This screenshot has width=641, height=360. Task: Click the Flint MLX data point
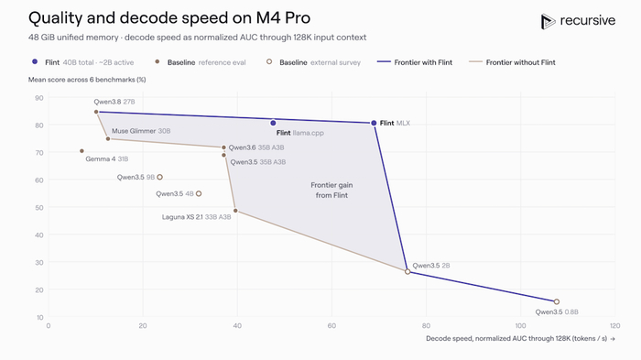(374, 123)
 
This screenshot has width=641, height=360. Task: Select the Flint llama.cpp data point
(273, 123)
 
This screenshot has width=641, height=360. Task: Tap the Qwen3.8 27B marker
(96, 112)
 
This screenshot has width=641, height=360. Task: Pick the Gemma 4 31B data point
(81, 151)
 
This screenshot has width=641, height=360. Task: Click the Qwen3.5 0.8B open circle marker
(557, 302)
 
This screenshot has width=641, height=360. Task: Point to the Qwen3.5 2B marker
(407, 272)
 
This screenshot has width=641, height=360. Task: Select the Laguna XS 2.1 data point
(235, 211)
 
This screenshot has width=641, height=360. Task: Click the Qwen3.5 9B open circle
(160, 177)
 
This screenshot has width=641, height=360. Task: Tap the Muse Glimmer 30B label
(141, 131)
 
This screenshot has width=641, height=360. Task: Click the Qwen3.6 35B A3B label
(256, 147)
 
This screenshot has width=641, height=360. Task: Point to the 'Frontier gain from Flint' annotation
(331, 191)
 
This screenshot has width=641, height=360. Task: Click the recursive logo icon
(548, 21)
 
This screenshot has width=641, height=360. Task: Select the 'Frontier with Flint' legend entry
(415, 62)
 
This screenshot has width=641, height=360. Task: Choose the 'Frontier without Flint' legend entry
(512, 62)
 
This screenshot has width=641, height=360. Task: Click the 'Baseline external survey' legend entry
(313, 62)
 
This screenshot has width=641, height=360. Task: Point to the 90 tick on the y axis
(39, 98)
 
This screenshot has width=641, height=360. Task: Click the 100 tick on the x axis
(520, 325)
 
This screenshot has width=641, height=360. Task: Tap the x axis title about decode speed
(520, 338)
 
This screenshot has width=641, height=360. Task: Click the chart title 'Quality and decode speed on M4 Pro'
(169, 18)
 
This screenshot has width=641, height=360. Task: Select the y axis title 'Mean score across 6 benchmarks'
(87, 80)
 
